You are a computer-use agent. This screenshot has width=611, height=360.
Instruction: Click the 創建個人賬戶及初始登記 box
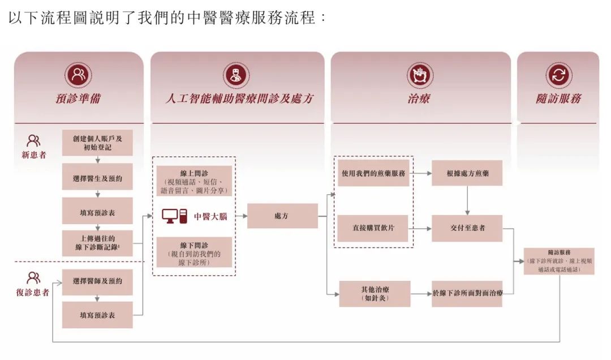point(97,143)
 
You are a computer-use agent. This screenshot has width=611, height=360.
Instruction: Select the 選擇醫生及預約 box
point(97,178)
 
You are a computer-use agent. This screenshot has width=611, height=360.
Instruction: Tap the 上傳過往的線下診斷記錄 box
point(97,243)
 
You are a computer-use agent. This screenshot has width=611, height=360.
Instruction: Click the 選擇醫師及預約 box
point(97,281)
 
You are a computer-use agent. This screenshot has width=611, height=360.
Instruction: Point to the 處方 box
point(282,216)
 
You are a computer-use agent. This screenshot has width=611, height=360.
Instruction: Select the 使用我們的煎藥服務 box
point(373,173)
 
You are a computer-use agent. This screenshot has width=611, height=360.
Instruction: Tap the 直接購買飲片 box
point(373,228)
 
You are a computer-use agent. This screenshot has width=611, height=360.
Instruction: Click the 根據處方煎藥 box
point(467,173)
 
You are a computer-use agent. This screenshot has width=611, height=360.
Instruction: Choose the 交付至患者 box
point(467,228)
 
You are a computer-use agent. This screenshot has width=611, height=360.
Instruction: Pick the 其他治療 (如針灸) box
point(375,293)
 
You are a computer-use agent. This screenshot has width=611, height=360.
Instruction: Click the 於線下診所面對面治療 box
point(467,293)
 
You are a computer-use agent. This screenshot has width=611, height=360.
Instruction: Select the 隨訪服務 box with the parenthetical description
point(559,261)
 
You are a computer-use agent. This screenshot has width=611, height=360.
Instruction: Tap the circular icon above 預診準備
point(78,75)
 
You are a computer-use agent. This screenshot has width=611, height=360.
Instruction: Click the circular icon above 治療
point(419,75)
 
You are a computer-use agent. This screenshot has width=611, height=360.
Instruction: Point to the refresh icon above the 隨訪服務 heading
point(558,75)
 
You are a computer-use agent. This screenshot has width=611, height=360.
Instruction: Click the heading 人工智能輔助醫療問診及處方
point(239,98)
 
